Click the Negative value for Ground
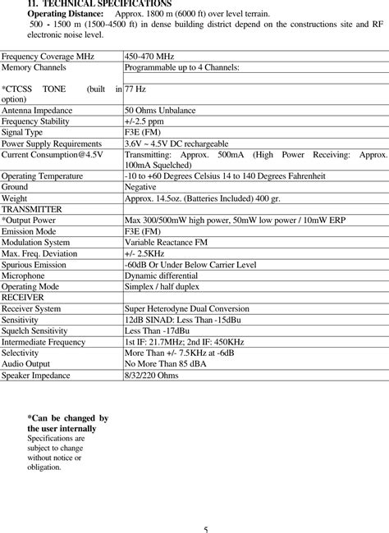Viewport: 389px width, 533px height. tap(142, 187)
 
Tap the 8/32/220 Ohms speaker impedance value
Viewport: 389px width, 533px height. tap(152, 376)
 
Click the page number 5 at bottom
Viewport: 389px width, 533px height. tap(206, 528)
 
